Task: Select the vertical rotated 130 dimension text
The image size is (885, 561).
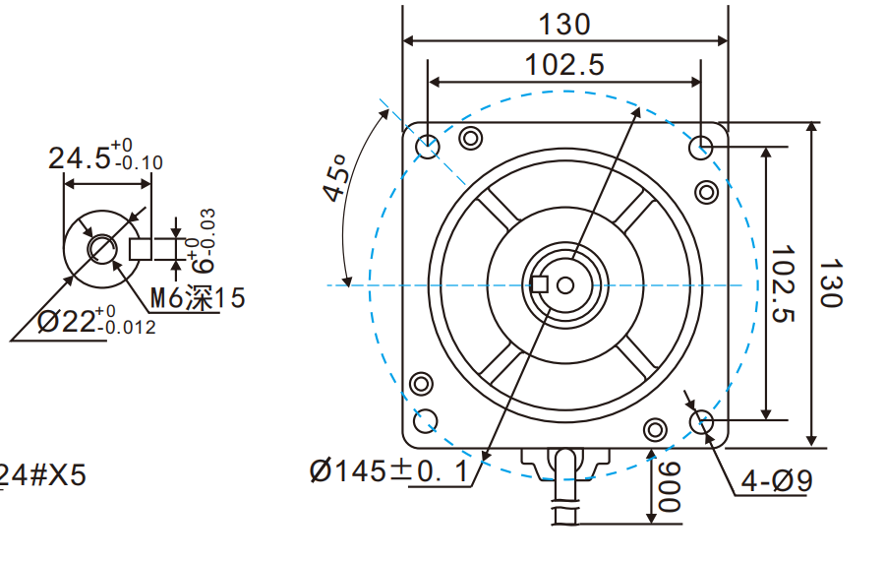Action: click(831, 283)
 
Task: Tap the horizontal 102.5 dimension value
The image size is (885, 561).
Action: click(563, 65)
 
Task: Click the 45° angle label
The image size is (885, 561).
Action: click(335, 177)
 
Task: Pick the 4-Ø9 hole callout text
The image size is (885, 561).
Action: click(777, 481)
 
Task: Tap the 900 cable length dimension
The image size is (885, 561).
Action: click(669, 487)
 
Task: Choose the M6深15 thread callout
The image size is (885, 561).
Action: click(197, 298)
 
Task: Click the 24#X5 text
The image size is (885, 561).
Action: click(43, 475)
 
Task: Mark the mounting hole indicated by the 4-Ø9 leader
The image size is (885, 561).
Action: click(702, 422)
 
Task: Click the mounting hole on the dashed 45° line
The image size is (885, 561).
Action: click(428, 147)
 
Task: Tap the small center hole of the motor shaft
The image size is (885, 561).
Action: click(564, 285)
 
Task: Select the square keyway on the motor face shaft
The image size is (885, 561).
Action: click(539, 285)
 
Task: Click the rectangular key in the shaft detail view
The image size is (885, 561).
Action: click(141, 248)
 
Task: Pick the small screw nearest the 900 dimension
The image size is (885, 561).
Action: click(654, 430)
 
